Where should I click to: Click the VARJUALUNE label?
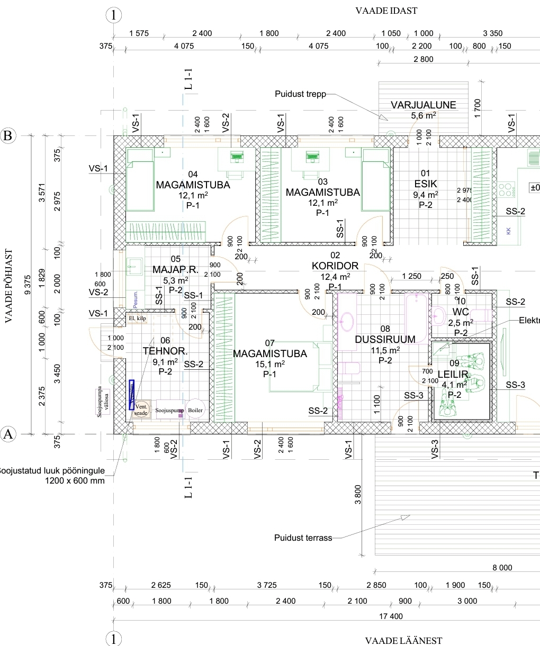coord(423,105)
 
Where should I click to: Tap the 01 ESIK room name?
coord(426,184)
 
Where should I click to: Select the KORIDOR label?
coord(335,266)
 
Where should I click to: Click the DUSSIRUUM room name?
coord(385,339)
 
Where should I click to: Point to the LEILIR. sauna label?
coord(453,375)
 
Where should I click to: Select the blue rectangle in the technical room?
coord(132,395)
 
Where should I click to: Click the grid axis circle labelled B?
coord(8,136)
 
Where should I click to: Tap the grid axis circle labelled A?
coord(8,434)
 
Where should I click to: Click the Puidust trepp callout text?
coord(300,94)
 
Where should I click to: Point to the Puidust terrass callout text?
coord(303,538)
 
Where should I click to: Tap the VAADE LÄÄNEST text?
coord(403,641)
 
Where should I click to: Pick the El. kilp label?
coord(137,319)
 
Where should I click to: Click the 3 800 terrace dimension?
coord(358,495)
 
